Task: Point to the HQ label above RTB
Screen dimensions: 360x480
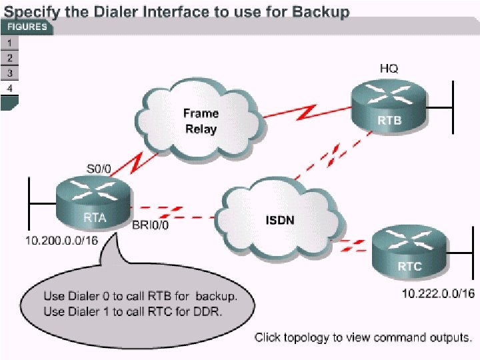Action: pyautogui.click(x=389, y=68)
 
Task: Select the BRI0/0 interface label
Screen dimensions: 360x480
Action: pyautogui.click(x=151, y=225)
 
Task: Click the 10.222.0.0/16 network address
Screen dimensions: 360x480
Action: pyautogui.click(x=438, y=294)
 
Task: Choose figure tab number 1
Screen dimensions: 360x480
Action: pyautogui.click(x=9, y=42)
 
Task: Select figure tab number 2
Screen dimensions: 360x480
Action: pyautogui.click(x=9, y=57)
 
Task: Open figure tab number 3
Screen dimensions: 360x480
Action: pyautogui.click(x=9, y=73)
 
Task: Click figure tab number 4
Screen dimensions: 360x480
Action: pyautogui.click(x=9, y=88)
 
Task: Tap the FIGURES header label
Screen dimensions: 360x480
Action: pyautogui.click(x=26, y=27)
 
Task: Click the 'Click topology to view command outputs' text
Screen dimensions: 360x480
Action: pyautogui.click(x=363, y=337)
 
